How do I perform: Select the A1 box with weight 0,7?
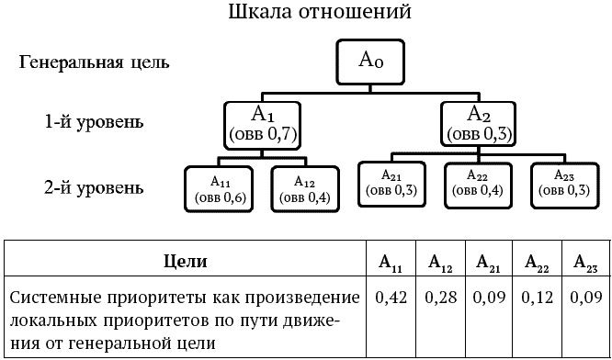coord(263,124)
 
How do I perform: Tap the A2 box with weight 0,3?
coord(479,123)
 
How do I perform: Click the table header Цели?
coord(186,262)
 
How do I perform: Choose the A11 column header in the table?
coord(391,263)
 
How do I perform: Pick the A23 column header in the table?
coord(584,263)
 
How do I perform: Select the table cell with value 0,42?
coord(391,298)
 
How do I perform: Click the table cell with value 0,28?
coord(440,298)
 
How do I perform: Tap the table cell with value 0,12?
coord(537,298)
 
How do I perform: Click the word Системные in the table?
coord(55,298)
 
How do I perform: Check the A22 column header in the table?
coord(537,263)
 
